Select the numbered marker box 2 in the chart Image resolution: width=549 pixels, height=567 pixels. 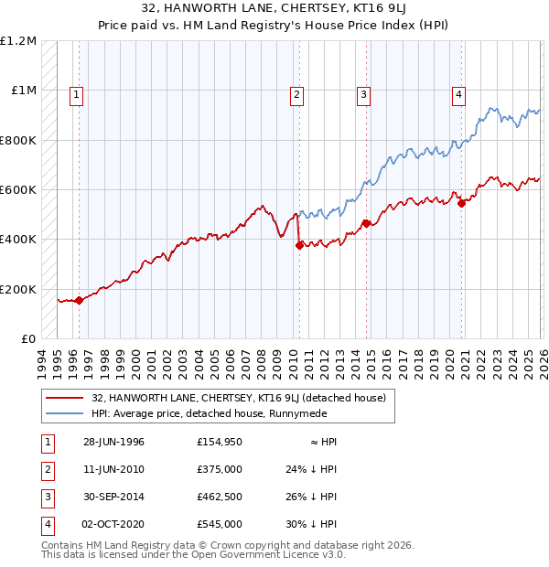tap(297, 92)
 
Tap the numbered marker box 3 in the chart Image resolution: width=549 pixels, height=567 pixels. tap(363, 92)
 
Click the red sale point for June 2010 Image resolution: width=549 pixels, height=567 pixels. tap(299, 245)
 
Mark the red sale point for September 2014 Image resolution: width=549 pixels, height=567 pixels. tap(366, 223)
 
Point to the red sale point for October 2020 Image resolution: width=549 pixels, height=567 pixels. tap(461, 203)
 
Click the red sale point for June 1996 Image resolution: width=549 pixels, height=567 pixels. tap(80, 300)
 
